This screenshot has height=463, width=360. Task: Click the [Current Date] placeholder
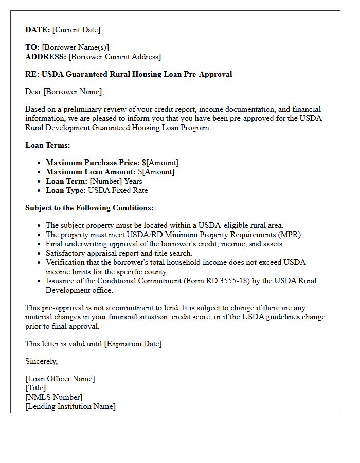[76, 30]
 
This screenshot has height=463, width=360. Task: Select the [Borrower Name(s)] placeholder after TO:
[75, 47]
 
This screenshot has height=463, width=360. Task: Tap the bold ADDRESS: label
[46, 57]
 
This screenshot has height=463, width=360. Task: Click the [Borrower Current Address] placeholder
[114, 57]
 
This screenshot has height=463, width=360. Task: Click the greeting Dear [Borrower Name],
[64, 92]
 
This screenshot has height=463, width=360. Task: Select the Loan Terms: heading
[48, 145]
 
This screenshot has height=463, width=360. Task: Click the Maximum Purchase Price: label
[93, 163]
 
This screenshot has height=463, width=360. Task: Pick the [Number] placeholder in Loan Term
[105, 181]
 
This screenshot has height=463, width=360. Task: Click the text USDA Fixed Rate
[118, 190]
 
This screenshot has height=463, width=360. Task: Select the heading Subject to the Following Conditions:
[89, 208]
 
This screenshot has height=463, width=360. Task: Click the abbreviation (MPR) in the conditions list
[290, 235]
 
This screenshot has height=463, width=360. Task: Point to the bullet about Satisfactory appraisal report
[119, 253]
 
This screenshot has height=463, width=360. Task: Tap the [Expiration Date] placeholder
[133, 344]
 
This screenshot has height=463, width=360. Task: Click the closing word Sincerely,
[41, 361]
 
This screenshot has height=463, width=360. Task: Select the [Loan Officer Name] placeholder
[60, 379]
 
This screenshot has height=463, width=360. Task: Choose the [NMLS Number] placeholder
[53, 397]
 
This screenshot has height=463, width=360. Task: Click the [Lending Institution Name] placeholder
[70, 406]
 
